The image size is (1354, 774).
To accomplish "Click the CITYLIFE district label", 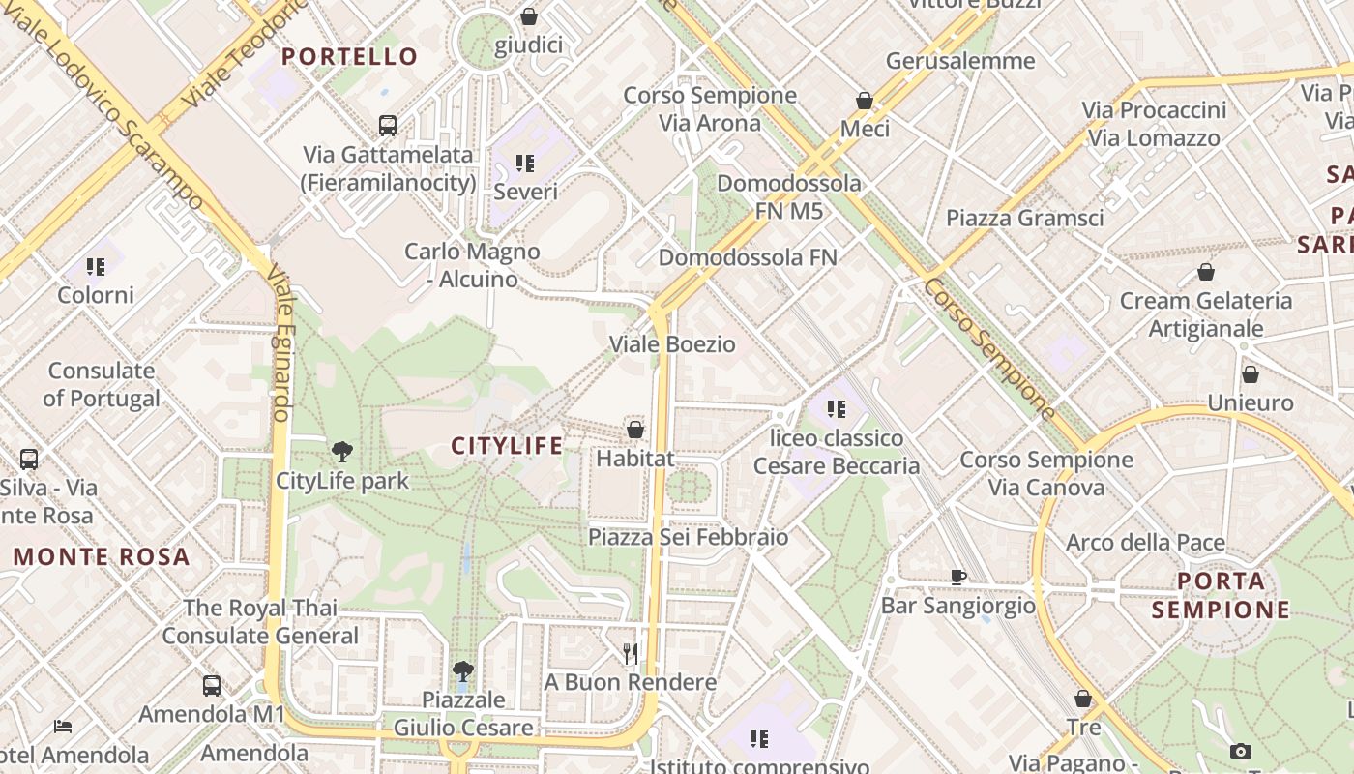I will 507,446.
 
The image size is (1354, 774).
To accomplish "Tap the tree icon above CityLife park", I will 341,451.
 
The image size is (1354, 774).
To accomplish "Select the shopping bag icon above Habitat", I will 635,429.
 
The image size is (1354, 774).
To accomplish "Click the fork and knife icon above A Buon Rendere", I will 631,654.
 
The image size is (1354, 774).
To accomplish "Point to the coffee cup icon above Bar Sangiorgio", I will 957,577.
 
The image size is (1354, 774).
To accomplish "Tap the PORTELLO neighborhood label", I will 349,56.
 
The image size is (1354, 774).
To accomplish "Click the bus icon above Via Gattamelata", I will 388,125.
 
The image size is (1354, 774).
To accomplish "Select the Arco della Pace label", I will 1145,543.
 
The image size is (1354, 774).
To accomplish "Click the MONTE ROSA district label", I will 102,557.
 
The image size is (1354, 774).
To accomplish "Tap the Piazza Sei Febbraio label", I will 688,537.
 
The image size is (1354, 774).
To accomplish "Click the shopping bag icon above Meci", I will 865,101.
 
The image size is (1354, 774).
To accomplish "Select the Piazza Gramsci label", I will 1024,218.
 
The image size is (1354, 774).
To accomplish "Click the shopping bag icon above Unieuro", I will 1251,374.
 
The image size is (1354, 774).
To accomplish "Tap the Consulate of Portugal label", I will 102,384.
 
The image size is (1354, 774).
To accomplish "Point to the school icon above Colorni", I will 95,266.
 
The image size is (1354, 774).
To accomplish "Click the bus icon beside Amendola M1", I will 212,686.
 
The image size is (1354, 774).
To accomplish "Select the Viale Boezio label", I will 672,344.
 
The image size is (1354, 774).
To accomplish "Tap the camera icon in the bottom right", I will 1241,751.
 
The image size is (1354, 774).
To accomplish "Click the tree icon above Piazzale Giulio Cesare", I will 463,670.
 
